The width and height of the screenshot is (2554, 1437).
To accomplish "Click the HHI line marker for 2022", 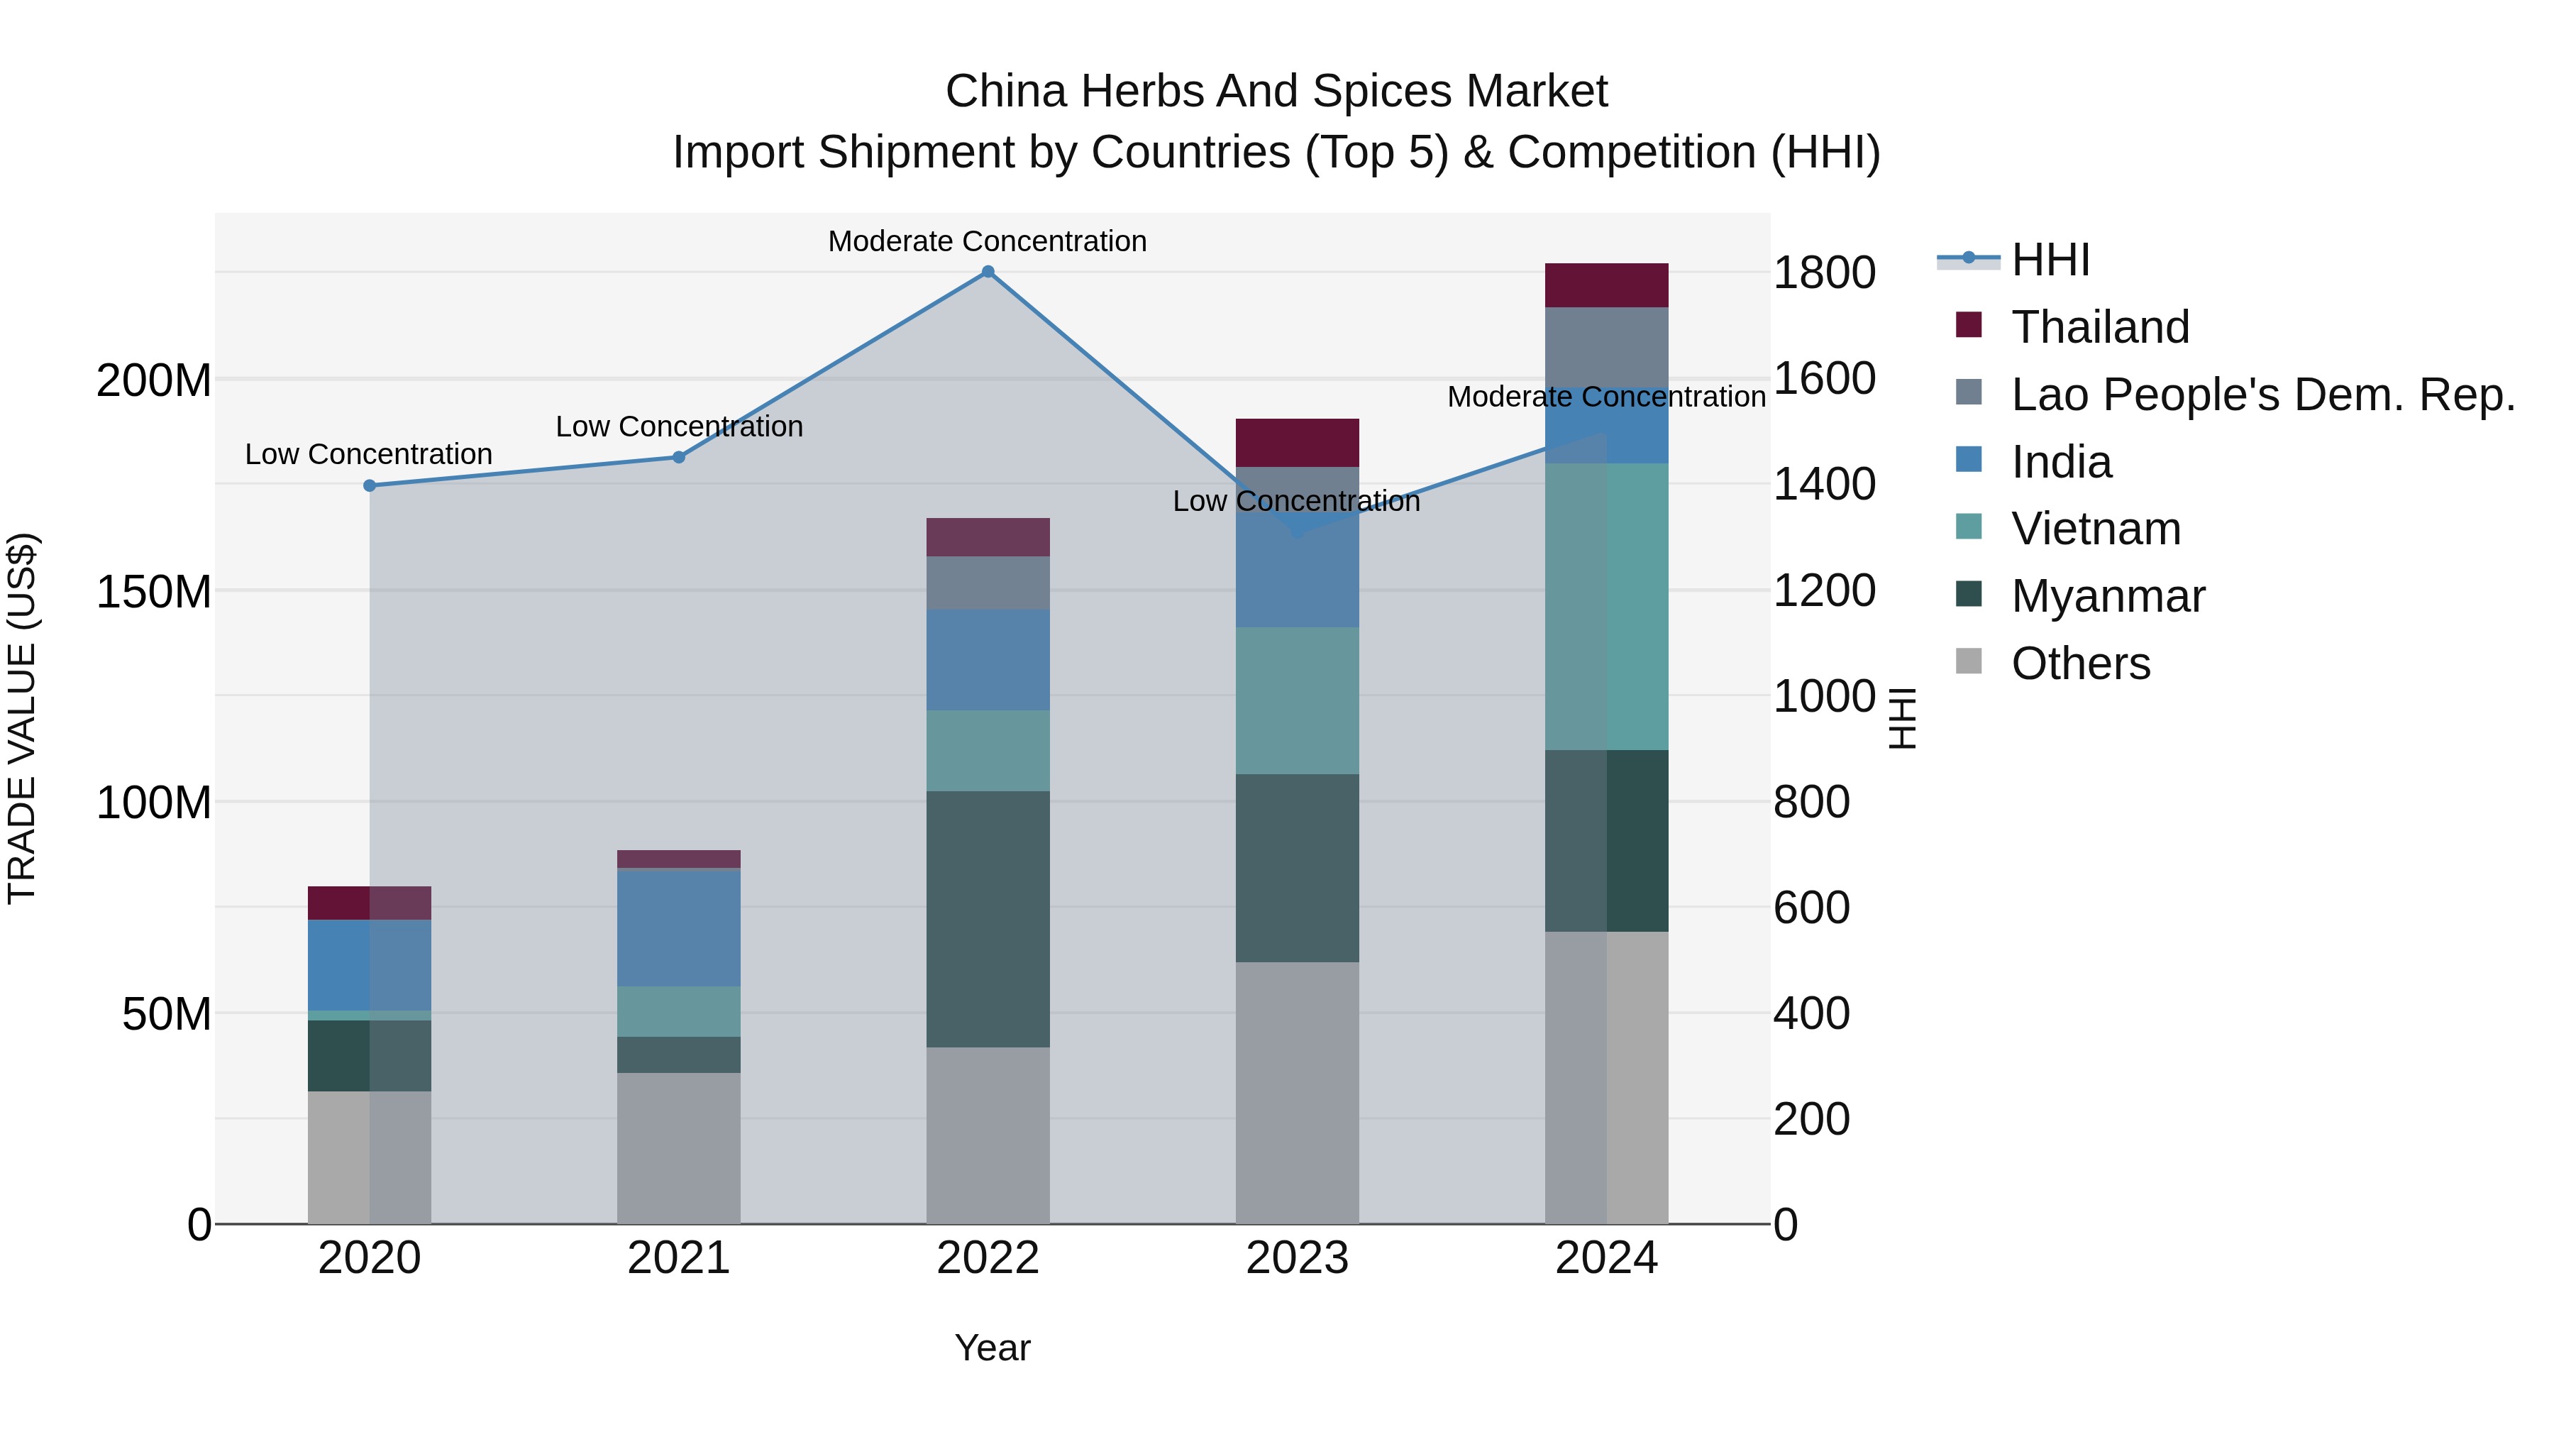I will click(x=988, y=272).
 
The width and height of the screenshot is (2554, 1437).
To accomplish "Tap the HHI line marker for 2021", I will click(x=679, y=457).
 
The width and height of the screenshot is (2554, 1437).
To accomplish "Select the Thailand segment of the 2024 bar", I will click(x=1606, y=285).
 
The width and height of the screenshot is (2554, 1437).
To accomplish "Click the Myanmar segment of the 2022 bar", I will click(x=988, y=918).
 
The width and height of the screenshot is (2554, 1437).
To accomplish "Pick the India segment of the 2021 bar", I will click(x=679, y=927).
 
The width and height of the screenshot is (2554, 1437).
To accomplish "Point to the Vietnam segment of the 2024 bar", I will click(x=1606, y=606).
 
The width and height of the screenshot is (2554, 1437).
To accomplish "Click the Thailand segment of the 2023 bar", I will click(x=1297, y=442).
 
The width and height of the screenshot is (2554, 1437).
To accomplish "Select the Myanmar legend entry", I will click(x=2108, y=596).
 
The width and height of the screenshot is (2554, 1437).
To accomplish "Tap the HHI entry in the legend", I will click(x=2050, y=260).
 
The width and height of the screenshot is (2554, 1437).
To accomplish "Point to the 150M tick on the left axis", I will click(x=154, y=592).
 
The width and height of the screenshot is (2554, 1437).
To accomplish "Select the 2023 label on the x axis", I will click(x=1297, y=1258).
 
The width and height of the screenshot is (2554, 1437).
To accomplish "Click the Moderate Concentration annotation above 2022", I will click(x=988, y=241).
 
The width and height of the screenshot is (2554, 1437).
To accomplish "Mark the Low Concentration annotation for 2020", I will click(x=369, y=454).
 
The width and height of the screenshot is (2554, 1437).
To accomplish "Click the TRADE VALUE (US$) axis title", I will click(x=22, y=718).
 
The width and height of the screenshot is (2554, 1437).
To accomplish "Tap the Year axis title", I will click(x=993, y=1348).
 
